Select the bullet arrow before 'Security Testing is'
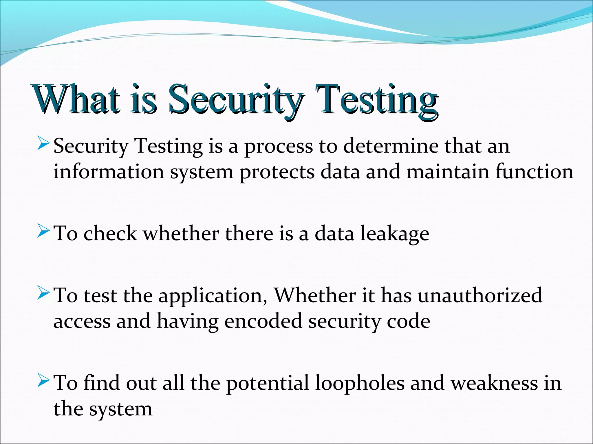(x=44, y=144)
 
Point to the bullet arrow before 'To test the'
(x=44, y=294)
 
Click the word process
(x=279, y=146)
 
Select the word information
(x=109, y=172)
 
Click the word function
(x=534, y=172)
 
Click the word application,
(x=213, y=297)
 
